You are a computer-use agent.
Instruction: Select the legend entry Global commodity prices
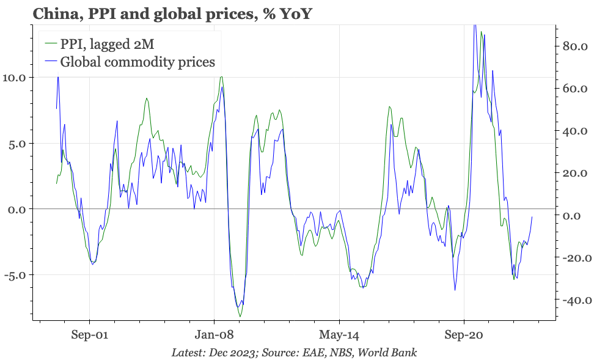(x=137, y=62)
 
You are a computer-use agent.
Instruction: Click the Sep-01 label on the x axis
(x=90, y=335)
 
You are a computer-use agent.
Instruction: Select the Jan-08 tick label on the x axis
(x=215, y=335)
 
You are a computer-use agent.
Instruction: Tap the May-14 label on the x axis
(x=339, y=335)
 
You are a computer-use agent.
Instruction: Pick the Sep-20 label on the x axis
(x=464, y=335)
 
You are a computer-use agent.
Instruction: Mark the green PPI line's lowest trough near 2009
(x=240, y=317)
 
